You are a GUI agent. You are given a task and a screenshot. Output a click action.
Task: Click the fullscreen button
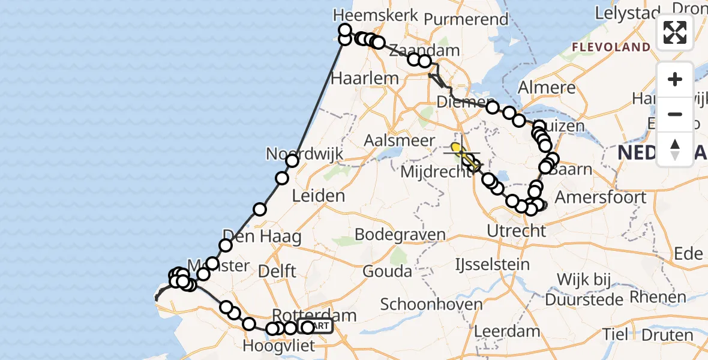[675, 32]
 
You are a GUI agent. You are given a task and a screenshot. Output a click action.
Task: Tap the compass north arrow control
[675, 149]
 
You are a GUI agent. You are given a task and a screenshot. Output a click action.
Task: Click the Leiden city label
[318, 196]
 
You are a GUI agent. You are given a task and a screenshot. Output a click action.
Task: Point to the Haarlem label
[365, 78]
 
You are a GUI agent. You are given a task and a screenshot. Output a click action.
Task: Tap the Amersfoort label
[601, 197]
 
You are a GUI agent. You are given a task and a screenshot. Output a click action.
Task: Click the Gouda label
[387, 272]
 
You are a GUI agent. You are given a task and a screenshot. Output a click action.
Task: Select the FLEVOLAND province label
[611, 47]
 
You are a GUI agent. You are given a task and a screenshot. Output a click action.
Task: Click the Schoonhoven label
[431, 304]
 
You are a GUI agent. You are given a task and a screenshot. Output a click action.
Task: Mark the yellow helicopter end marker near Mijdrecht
[455, 147]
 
